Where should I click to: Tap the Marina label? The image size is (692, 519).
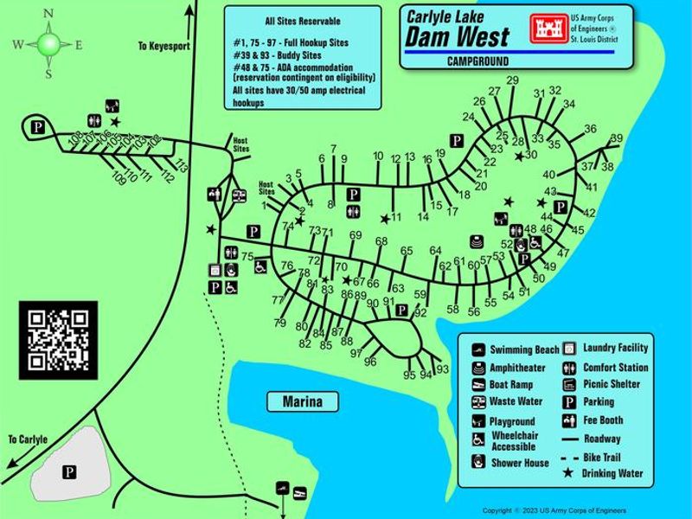click(302, 402)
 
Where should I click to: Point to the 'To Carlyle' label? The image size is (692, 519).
click(28, 439)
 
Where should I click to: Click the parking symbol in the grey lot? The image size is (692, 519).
click(68, 471)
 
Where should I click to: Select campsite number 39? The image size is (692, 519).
click(616, 138)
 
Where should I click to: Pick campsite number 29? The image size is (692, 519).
click(512, 81)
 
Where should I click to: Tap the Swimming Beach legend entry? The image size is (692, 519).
click(524, 350)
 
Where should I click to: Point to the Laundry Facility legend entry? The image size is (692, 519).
click(615, 348)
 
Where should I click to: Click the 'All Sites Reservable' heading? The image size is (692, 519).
click(302, 21)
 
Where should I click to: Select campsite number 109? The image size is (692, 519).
click(119, 178)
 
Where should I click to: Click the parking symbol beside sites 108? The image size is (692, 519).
click(37, 128)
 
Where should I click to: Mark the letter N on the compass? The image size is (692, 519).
click(48, 13)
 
